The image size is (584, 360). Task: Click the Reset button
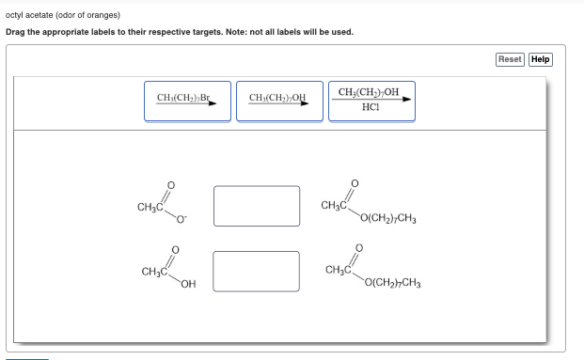click(x=510, y=59)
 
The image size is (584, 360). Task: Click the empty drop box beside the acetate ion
click(x=256, y=206)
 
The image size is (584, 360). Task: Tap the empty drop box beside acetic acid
click(x=256, y=271)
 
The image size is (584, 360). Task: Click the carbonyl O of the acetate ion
click(x=170, y=184)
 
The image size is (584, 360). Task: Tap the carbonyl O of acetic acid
click(x=170, y=250)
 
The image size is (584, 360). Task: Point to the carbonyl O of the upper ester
click(x=354, y=182)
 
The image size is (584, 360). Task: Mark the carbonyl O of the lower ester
click(x=354, y=249)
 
